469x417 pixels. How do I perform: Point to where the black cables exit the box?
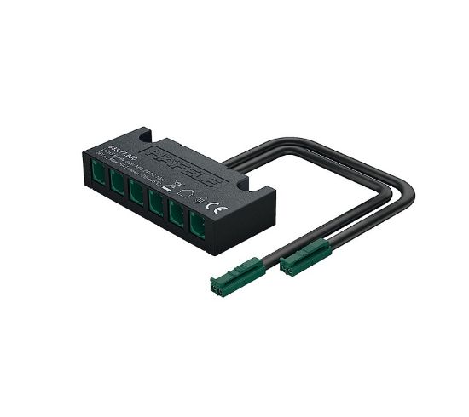[x=230, y=163]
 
